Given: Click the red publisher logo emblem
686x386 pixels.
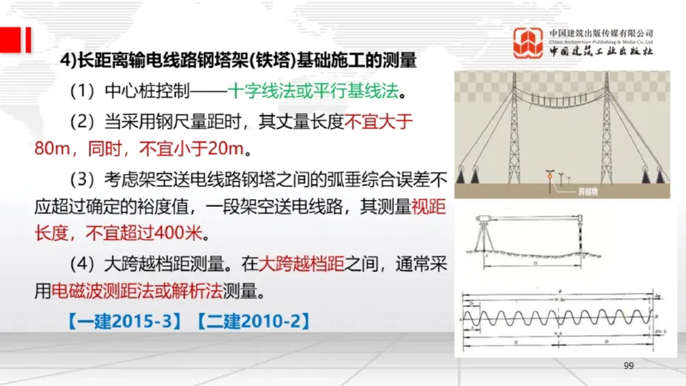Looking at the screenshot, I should pos(527,43).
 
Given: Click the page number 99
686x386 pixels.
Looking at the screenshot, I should pos(629,366).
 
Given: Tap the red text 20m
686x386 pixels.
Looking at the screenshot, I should pos(222,148).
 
